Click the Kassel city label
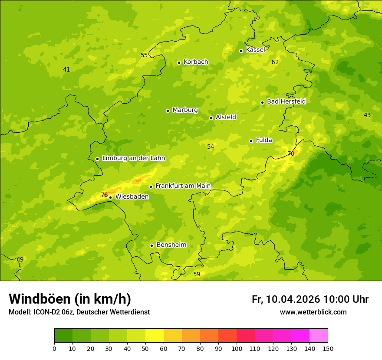[255, 50]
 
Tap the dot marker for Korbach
[179, 62]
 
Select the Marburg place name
[185, 110]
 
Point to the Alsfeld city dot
[211, 118]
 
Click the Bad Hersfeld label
[286, 101]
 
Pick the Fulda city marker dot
[251, 141]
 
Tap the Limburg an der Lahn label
[133, 158]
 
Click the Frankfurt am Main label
[183, 186]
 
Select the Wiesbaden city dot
[110, 197]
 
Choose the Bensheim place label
[171, 245]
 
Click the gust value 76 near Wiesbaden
[104, 195]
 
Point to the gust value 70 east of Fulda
[291, 154]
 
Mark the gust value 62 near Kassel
[275, 62]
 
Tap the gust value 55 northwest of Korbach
[144, 56]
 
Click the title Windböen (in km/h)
[70, 299]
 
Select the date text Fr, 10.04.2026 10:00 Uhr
[310, 299]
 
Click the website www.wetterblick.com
[313, 312]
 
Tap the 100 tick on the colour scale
[237, 348]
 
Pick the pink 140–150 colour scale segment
[319, 335]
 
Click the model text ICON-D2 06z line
[79, 312]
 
